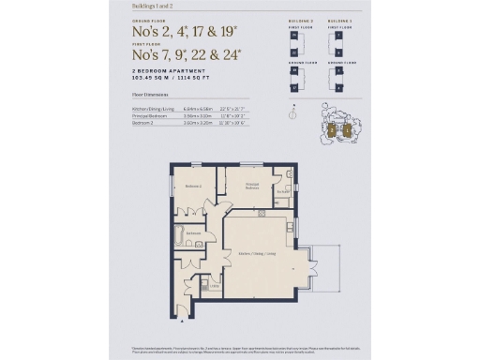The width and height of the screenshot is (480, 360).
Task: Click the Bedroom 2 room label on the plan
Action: pos(192,187)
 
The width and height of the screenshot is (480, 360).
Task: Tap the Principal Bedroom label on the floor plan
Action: pos(252,185)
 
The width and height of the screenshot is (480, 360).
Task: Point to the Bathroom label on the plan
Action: pos(193,233)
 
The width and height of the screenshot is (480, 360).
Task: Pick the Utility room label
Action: pos(215,286)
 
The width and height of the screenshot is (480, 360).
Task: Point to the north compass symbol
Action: pos(292,114)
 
